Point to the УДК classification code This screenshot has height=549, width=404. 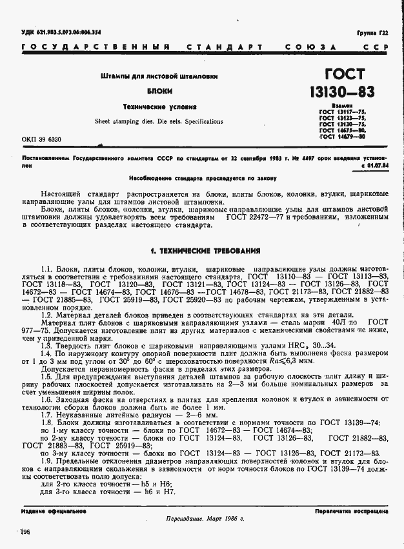[x=61, y=32]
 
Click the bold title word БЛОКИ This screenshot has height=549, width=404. [x=159, y=92]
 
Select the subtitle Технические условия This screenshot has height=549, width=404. [x=159, y=106]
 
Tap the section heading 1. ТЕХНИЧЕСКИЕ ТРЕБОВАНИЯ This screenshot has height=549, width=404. [x=205, y=250]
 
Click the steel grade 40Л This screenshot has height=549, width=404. [x=339, y=321]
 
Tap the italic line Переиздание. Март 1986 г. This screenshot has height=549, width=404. [x=201, y=519]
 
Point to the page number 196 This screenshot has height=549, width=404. [x=26, y=532]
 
